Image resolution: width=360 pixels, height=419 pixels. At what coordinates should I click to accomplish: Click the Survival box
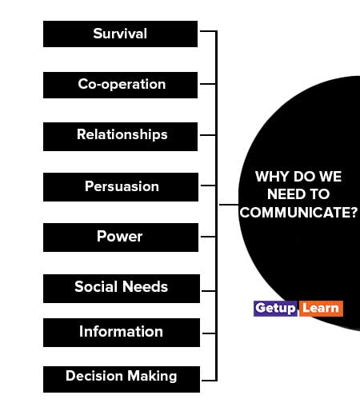120,34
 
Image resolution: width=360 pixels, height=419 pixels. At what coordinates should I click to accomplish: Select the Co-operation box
120,85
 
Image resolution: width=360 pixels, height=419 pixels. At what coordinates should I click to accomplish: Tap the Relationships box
120,137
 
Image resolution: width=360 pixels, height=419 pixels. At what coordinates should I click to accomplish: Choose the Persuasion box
121,187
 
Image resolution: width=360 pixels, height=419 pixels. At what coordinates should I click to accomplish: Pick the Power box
121,237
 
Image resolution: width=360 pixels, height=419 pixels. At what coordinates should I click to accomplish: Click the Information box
122,333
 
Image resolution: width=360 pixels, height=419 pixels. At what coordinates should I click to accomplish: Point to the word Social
96,287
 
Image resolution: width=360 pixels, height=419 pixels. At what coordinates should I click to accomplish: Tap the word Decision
94,376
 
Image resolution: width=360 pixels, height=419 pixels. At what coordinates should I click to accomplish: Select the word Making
152,377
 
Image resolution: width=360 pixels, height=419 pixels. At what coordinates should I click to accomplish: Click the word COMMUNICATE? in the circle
298,213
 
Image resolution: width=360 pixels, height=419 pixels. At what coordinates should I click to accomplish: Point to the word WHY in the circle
272,177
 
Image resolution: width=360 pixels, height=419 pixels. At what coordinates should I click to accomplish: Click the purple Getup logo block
275,309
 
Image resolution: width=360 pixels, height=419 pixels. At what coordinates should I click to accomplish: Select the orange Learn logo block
321,309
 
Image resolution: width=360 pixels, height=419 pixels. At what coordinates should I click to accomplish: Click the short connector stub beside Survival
208,31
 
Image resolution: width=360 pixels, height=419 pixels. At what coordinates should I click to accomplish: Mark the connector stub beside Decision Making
209,380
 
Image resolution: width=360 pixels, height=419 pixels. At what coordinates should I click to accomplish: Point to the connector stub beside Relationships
208,135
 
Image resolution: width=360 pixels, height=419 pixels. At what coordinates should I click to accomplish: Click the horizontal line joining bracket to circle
229,205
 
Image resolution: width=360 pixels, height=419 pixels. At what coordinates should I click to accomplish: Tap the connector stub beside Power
208,237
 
